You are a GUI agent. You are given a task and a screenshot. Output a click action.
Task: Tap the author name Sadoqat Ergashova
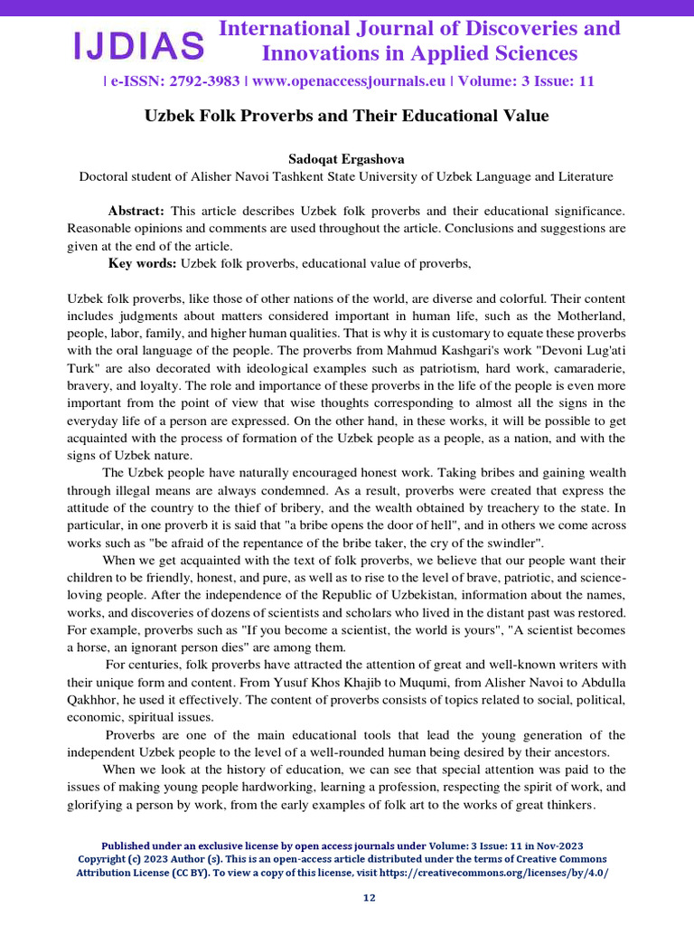coord(346,158)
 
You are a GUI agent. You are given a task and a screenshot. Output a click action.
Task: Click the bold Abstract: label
coord(136,211)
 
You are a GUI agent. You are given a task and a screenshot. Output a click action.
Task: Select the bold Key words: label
coord(143,263)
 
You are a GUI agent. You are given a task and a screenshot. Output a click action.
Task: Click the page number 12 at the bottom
coord(369,898)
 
